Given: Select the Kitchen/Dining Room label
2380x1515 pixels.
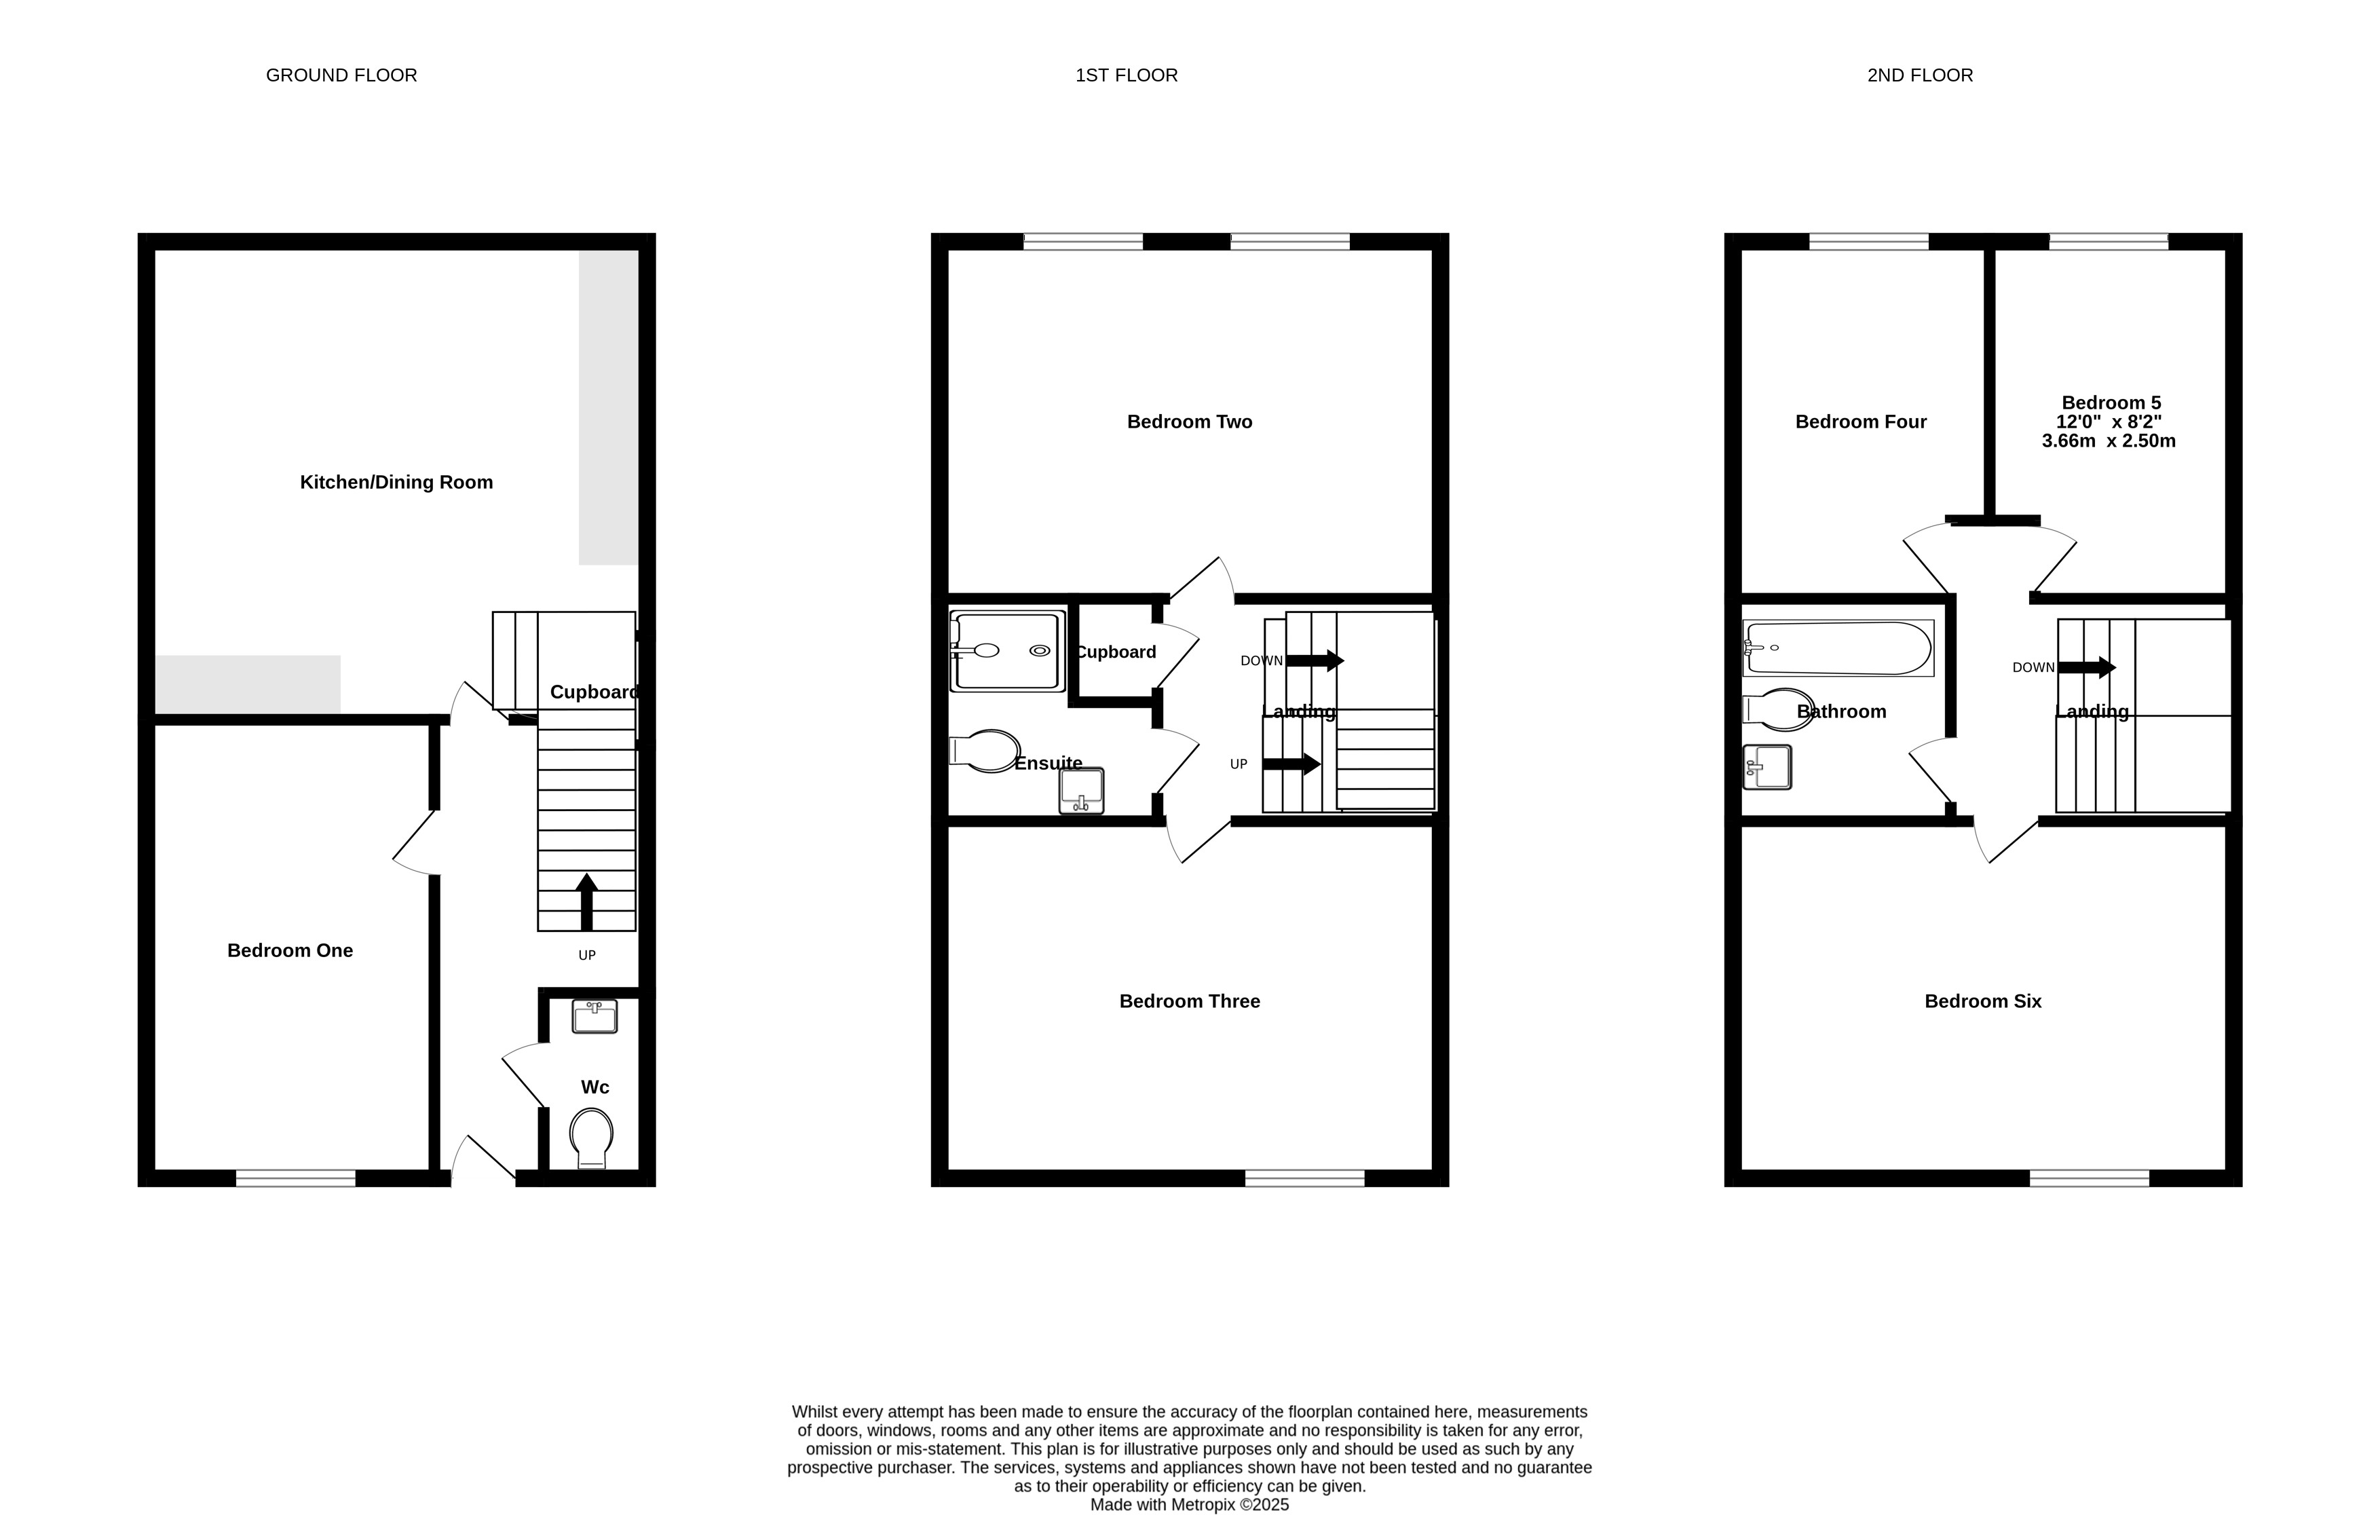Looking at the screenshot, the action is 396,483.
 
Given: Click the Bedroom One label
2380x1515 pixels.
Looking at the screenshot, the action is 290,951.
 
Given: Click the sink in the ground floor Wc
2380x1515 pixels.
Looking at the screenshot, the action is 595,1017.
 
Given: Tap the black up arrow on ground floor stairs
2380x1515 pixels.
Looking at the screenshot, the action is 587,901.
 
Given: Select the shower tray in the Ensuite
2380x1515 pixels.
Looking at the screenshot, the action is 1007,651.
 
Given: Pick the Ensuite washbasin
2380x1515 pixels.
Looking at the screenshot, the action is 1081,791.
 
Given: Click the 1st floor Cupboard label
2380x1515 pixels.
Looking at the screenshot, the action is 1116,652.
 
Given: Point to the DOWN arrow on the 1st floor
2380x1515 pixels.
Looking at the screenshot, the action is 1315,660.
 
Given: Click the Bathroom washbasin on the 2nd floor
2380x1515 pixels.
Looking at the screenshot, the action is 1767,767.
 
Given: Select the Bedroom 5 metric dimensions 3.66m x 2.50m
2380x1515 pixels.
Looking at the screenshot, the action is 2109,441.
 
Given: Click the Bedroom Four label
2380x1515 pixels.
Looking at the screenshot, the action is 1861,422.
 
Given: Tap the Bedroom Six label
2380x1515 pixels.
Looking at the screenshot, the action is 1983,1001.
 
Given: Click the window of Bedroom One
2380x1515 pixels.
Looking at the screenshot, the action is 295,1178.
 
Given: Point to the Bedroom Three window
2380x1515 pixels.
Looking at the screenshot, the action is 1304,1178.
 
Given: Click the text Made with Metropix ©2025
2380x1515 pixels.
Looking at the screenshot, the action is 1190,1505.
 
